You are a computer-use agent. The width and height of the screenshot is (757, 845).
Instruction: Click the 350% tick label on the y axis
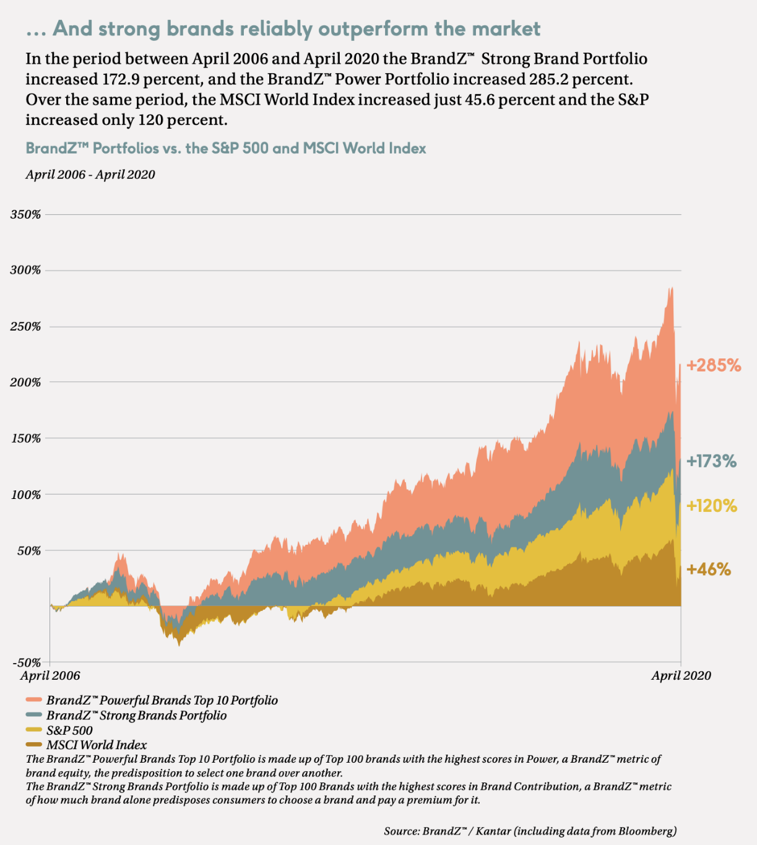[x=25, y=214]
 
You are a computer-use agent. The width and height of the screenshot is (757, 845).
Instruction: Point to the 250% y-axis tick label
[x=25, y=326]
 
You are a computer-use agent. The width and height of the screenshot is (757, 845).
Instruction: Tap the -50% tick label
[x=27, y=663]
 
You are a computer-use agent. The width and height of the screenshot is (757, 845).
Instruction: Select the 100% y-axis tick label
[x=25, y=495]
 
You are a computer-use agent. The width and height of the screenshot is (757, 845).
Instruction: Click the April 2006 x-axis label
[x=50, y=675]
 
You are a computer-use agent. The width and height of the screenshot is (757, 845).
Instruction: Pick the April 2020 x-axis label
[x=681, y=675]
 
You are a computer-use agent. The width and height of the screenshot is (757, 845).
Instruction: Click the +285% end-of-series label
[x=714, y=365]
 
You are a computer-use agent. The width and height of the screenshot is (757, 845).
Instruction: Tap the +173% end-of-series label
[x=712, y=461]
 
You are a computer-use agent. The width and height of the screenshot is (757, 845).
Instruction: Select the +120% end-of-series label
[x=712, y=506]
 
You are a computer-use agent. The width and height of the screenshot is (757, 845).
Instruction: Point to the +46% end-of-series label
[x=709, y=570]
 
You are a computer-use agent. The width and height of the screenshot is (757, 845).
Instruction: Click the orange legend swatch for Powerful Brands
[x=34, y=700]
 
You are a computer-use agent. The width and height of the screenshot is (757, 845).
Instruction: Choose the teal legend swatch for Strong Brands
[x=34, y=714]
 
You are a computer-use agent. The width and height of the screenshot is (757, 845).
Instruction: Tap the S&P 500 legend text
[x=69, y=730]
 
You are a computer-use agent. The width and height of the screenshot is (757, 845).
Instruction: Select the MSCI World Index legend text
[x=97, y=745]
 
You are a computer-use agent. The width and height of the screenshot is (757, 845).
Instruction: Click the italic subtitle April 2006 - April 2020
[x=90, y=175]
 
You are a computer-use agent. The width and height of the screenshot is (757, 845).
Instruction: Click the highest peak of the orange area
[x=672, y=287]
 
